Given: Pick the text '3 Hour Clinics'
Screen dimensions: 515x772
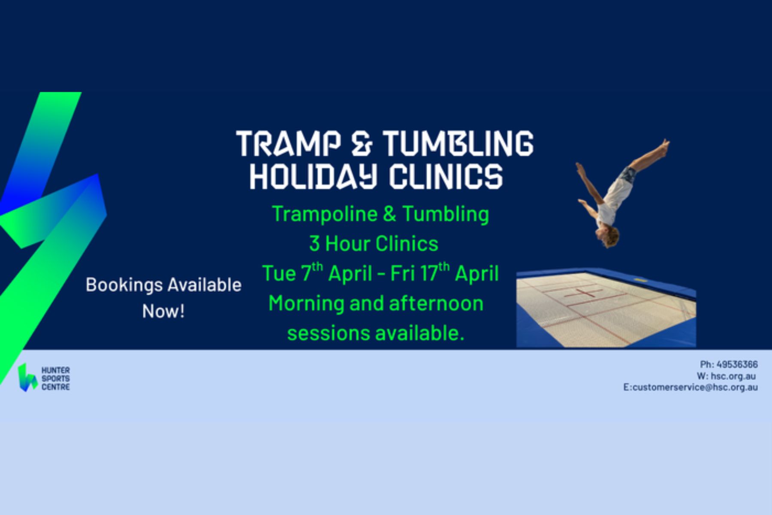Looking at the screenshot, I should point(374,244).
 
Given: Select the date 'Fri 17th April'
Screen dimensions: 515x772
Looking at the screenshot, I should point(444,273).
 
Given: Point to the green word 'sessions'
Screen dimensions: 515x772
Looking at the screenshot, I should point(326,333).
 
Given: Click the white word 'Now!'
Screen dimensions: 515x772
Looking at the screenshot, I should point(163,311).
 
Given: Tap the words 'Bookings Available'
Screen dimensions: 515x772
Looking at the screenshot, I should point(163,285).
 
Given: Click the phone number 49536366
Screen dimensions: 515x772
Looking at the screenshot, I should point(737,364).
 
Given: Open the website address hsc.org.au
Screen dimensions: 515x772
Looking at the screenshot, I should point(733,376).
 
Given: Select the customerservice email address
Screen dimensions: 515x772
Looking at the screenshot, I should point(695,387).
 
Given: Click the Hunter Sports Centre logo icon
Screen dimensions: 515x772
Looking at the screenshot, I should point(27,378).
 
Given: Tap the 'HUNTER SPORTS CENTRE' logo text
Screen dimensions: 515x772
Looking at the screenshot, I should point(55,378).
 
